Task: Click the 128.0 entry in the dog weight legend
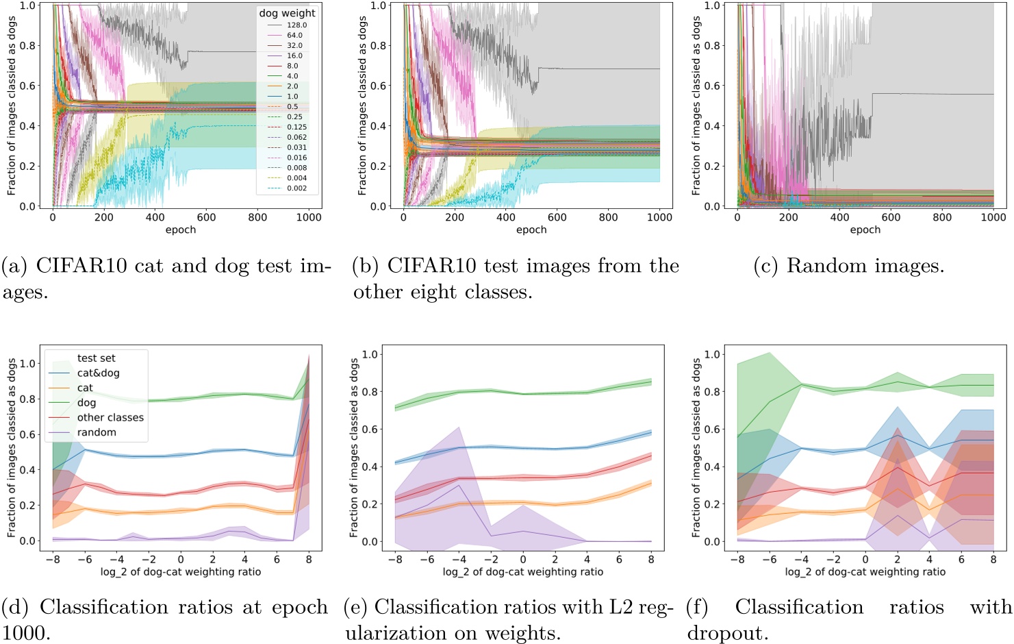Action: (x=296, y=25)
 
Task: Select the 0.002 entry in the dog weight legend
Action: (x=296, y=188)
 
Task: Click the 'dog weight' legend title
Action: (x=287, y=13)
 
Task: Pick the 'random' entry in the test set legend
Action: (x=97, y=432)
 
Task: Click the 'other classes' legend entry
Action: (x=110, y=417)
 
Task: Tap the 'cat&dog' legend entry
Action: (x=98, y=373)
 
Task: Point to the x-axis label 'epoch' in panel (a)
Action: (x=181, y=230)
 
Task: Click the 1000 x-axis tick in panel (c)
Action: (x=993, y=218)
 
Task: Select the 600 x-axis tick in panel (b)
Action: (x=557, y=218)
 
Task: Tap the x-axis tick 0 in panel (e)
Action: (x=523, y=560)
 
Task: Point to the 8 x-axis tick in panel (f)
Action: (x=993, y=560)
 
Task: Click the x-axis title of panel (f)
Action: (x=865, y=572)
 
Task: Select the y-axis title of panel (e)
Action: (x=354, y=447)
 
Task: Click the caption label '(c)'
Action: (x=766, y=267)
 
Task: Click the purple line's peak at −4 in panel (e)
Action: (x=459, y=486)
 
